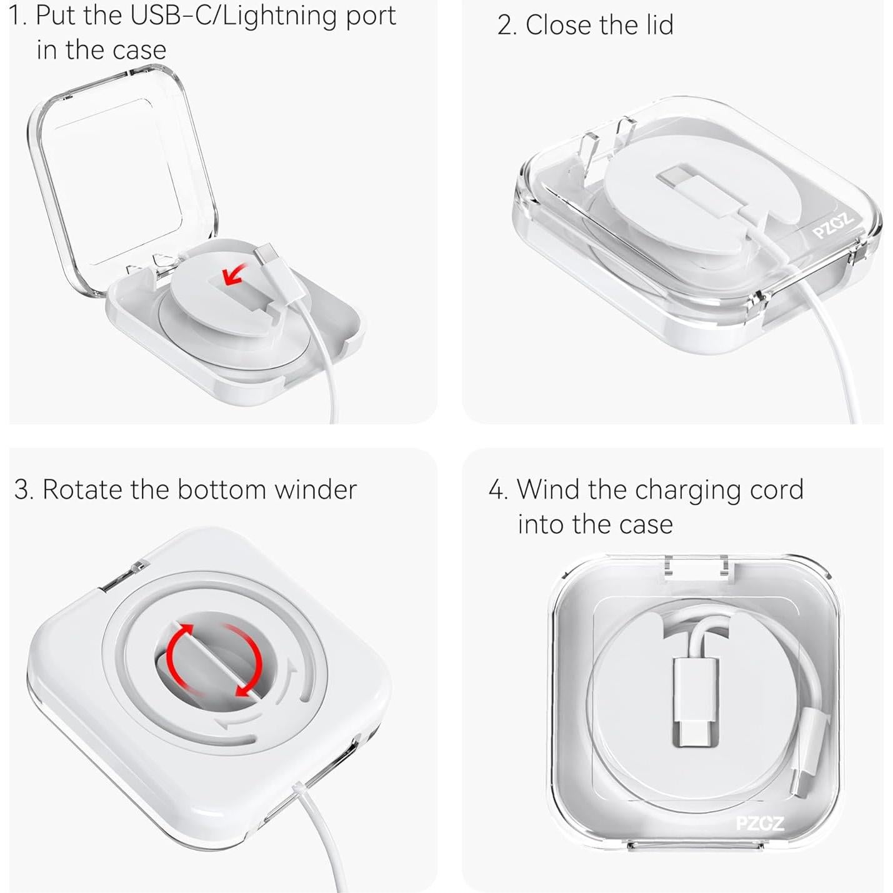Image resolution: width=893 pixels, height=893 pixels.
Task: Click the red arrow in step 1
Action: (x=234, y=274)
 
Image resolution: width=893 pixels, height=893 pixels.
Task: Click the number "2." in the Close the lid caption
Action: (x=507, y=26)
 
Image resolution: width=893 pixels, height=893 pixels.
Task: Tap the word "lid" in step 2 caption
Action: (x=656, y=26)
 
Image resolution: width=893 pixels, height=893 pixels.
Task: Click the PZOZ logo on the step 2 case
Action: (x=833, y=226)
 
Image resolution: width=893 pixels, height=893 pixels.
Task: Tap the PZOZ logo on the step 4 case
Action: (x=759, y=823)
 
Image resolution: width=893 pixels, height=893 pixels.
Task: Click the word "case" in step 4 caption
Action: (x=647, y=525)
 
